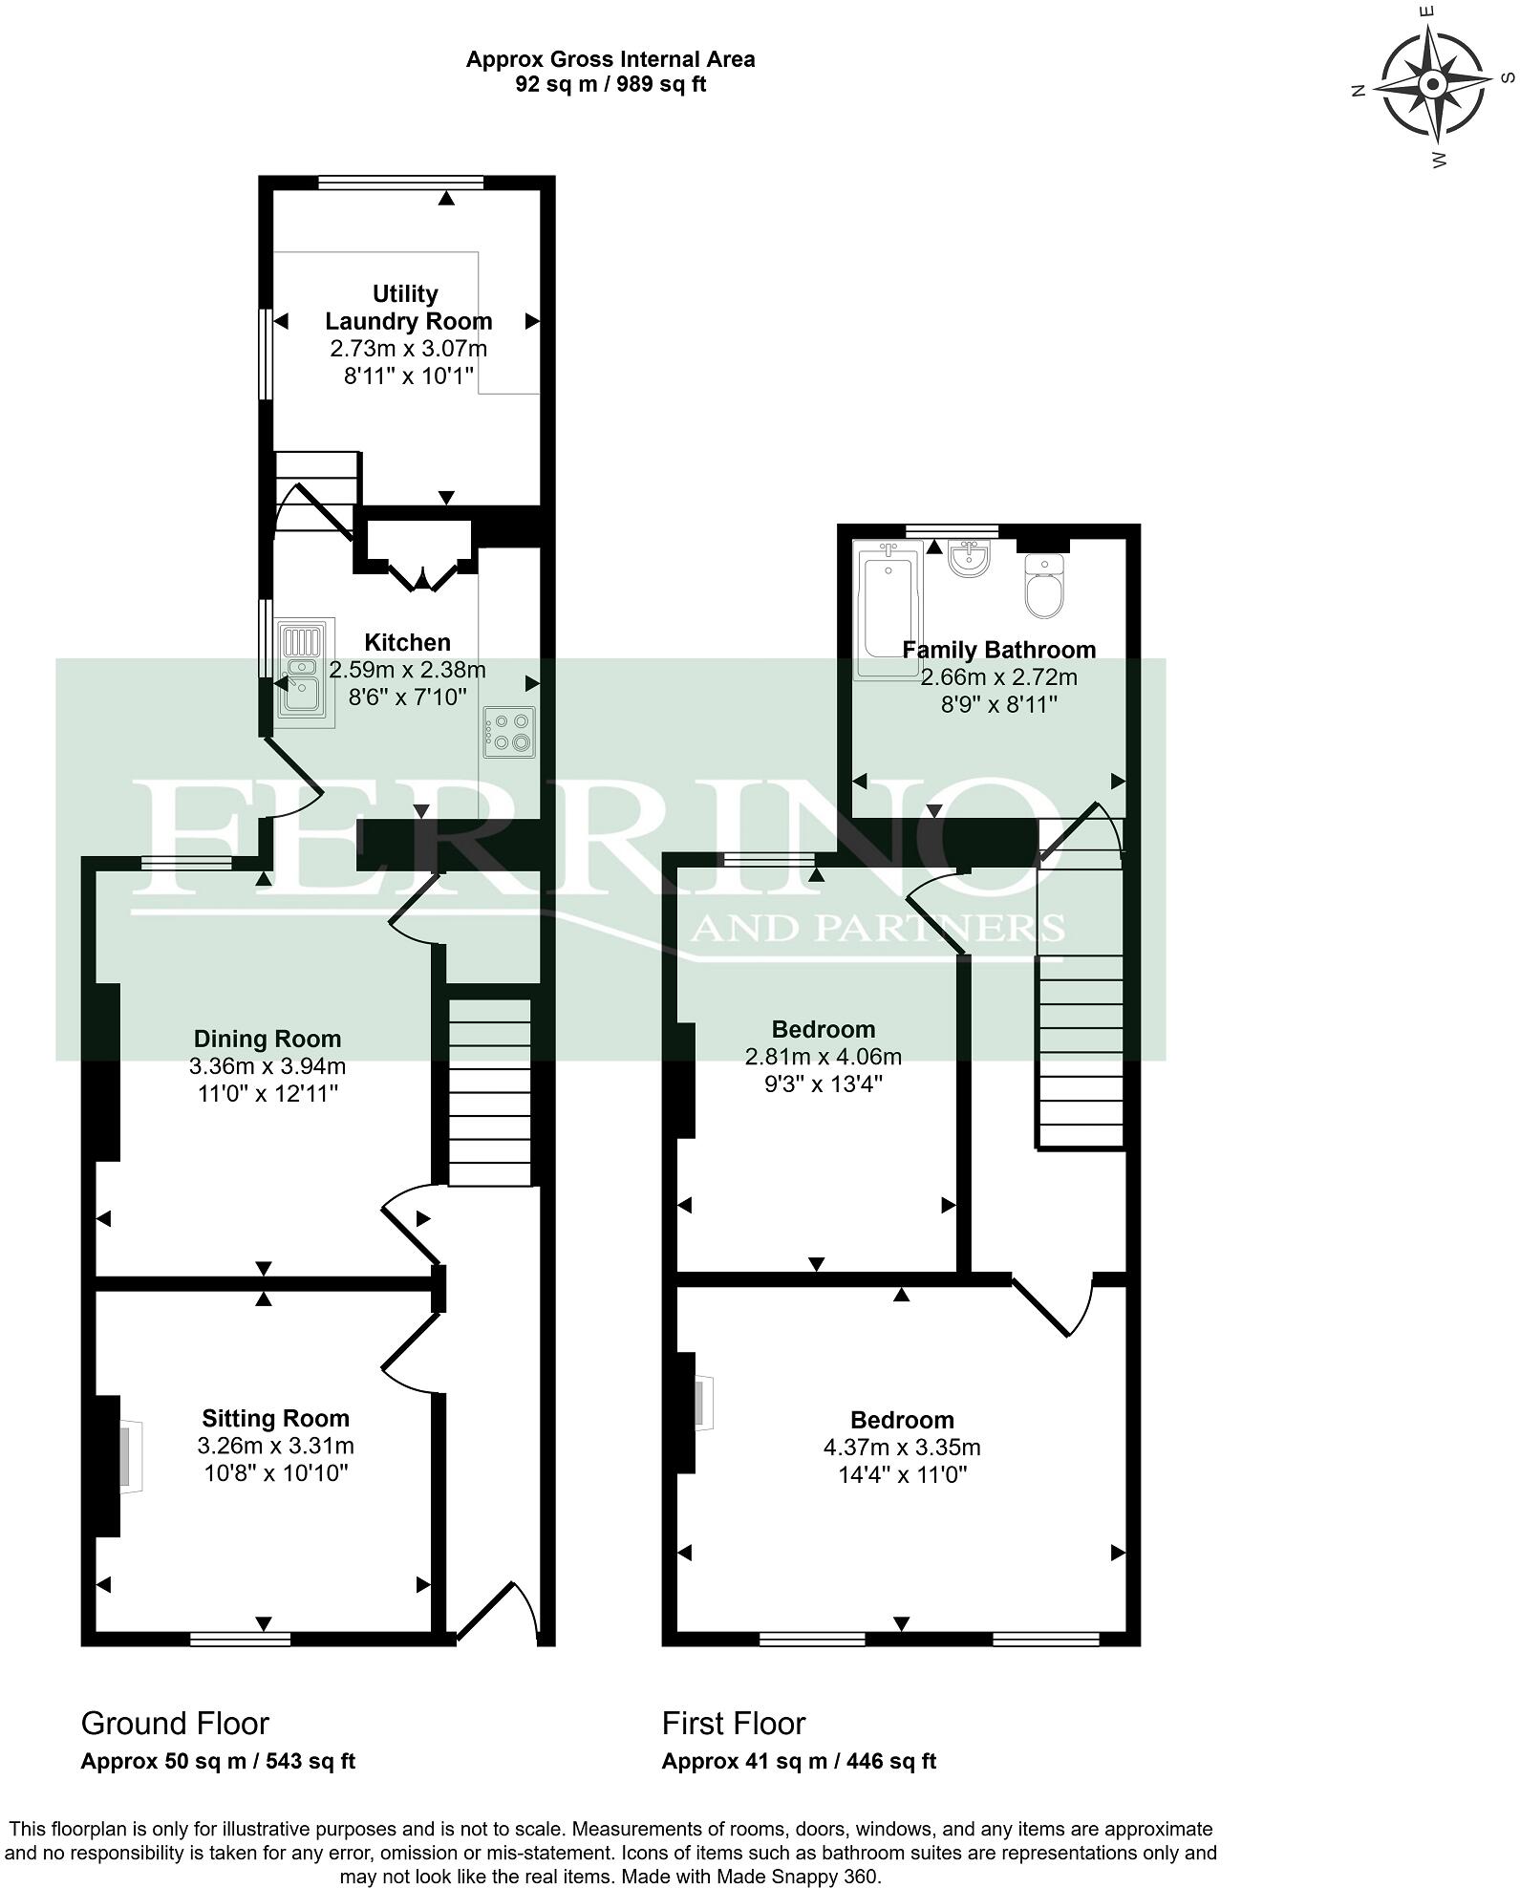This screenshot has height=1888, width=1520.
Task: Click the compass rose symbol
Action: (x=1432, y=85)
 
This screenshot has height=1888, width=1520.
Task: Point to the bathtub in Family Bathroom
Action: (x=888, y=611)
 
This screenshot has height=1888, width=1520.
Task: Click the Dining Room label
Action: (x=268, y=1039)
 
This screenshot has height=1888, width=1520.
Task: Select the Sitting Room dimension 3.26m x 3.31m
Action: (x=275, y=1446)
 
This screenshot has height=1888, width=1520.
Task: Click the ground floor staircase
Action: (x=489, y=1093)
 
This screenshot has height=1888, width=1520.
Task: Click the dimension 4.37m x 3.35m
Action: (x=902, y=1448)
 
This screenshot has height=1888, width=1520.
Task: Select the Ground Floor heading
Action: (x=175, y=1723)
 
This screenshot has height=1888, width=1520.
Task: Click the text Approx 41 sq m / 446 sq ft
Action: (x=799, y=1761)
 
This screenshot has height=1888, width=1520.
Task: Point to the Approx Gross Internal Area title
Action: (x=610, y=59)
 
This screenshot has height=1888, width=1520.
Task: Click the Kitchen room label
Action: (x=407, y=642)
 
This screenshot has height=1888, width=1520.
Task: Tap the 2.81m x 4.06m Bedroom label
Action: (x=824, y=1029)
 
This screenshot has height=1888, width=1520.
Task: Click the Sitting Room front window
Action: (x=240, y=1640)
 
